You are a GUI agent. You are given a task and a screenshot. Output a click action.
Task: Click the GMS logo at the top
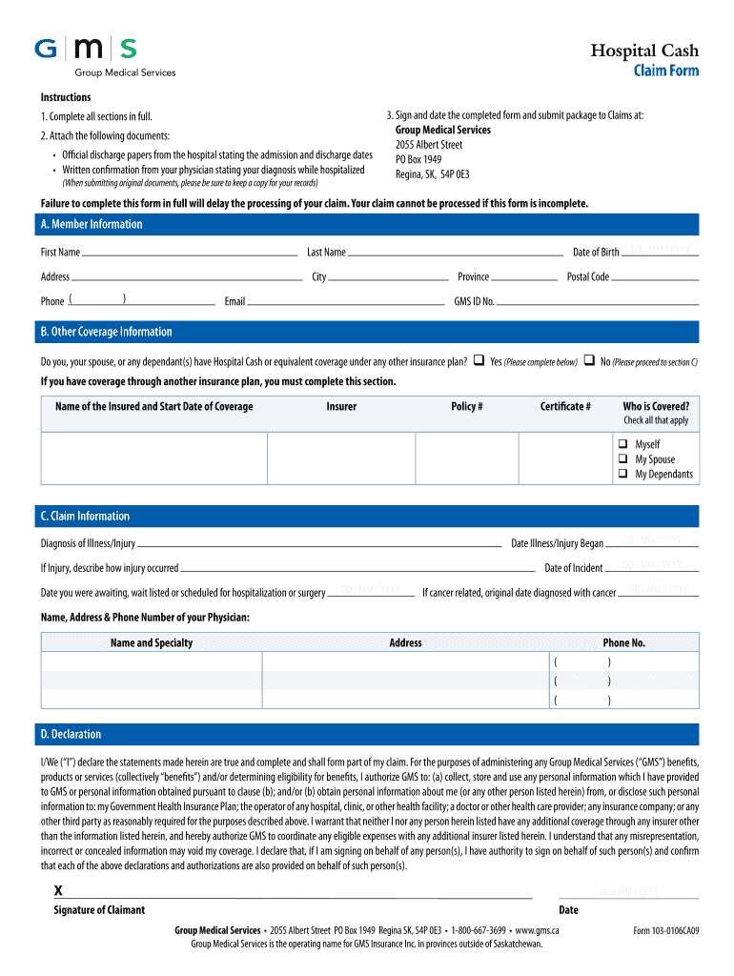pos(86,50)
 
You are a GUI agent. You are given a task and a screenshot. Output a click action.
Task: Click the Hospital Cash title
pos(643,51)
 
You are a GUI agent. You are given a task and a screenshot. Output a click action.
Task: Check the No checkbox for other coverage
pos(590,361)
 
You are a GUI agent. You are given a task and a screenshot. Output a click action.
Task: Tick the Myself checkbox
pos(622,444)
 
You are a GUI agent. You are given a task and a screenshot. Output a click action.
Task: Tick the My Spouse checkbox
pos(622,459)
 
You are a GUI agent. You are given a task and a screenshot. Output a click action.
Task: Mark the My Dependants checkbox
pos(622,474)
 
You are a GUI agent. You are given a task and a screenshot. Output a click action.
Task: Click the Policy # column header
pos(466,407)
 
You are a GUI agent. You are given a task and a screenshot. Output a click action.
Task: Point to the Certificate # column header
pos(565,407)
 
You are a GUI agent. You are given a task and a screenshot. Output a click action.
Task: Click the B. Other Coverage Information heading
pos(106,332)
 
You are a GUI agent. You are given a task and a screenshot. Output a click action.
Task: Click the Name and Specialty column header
pos(152,642)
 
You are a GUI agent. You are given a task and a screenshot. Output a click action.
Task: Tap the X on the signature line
pos(58,890)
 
